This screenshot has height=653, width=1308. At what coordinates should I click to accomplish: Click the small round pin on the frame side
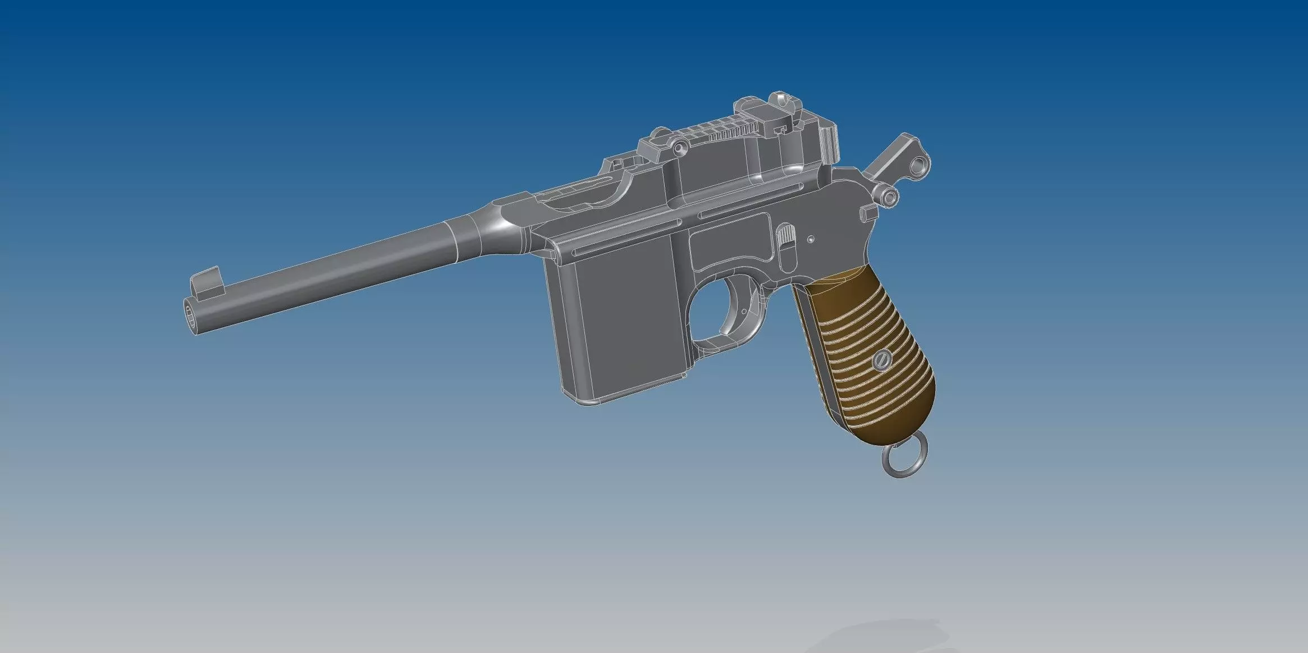coord(811,239)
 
